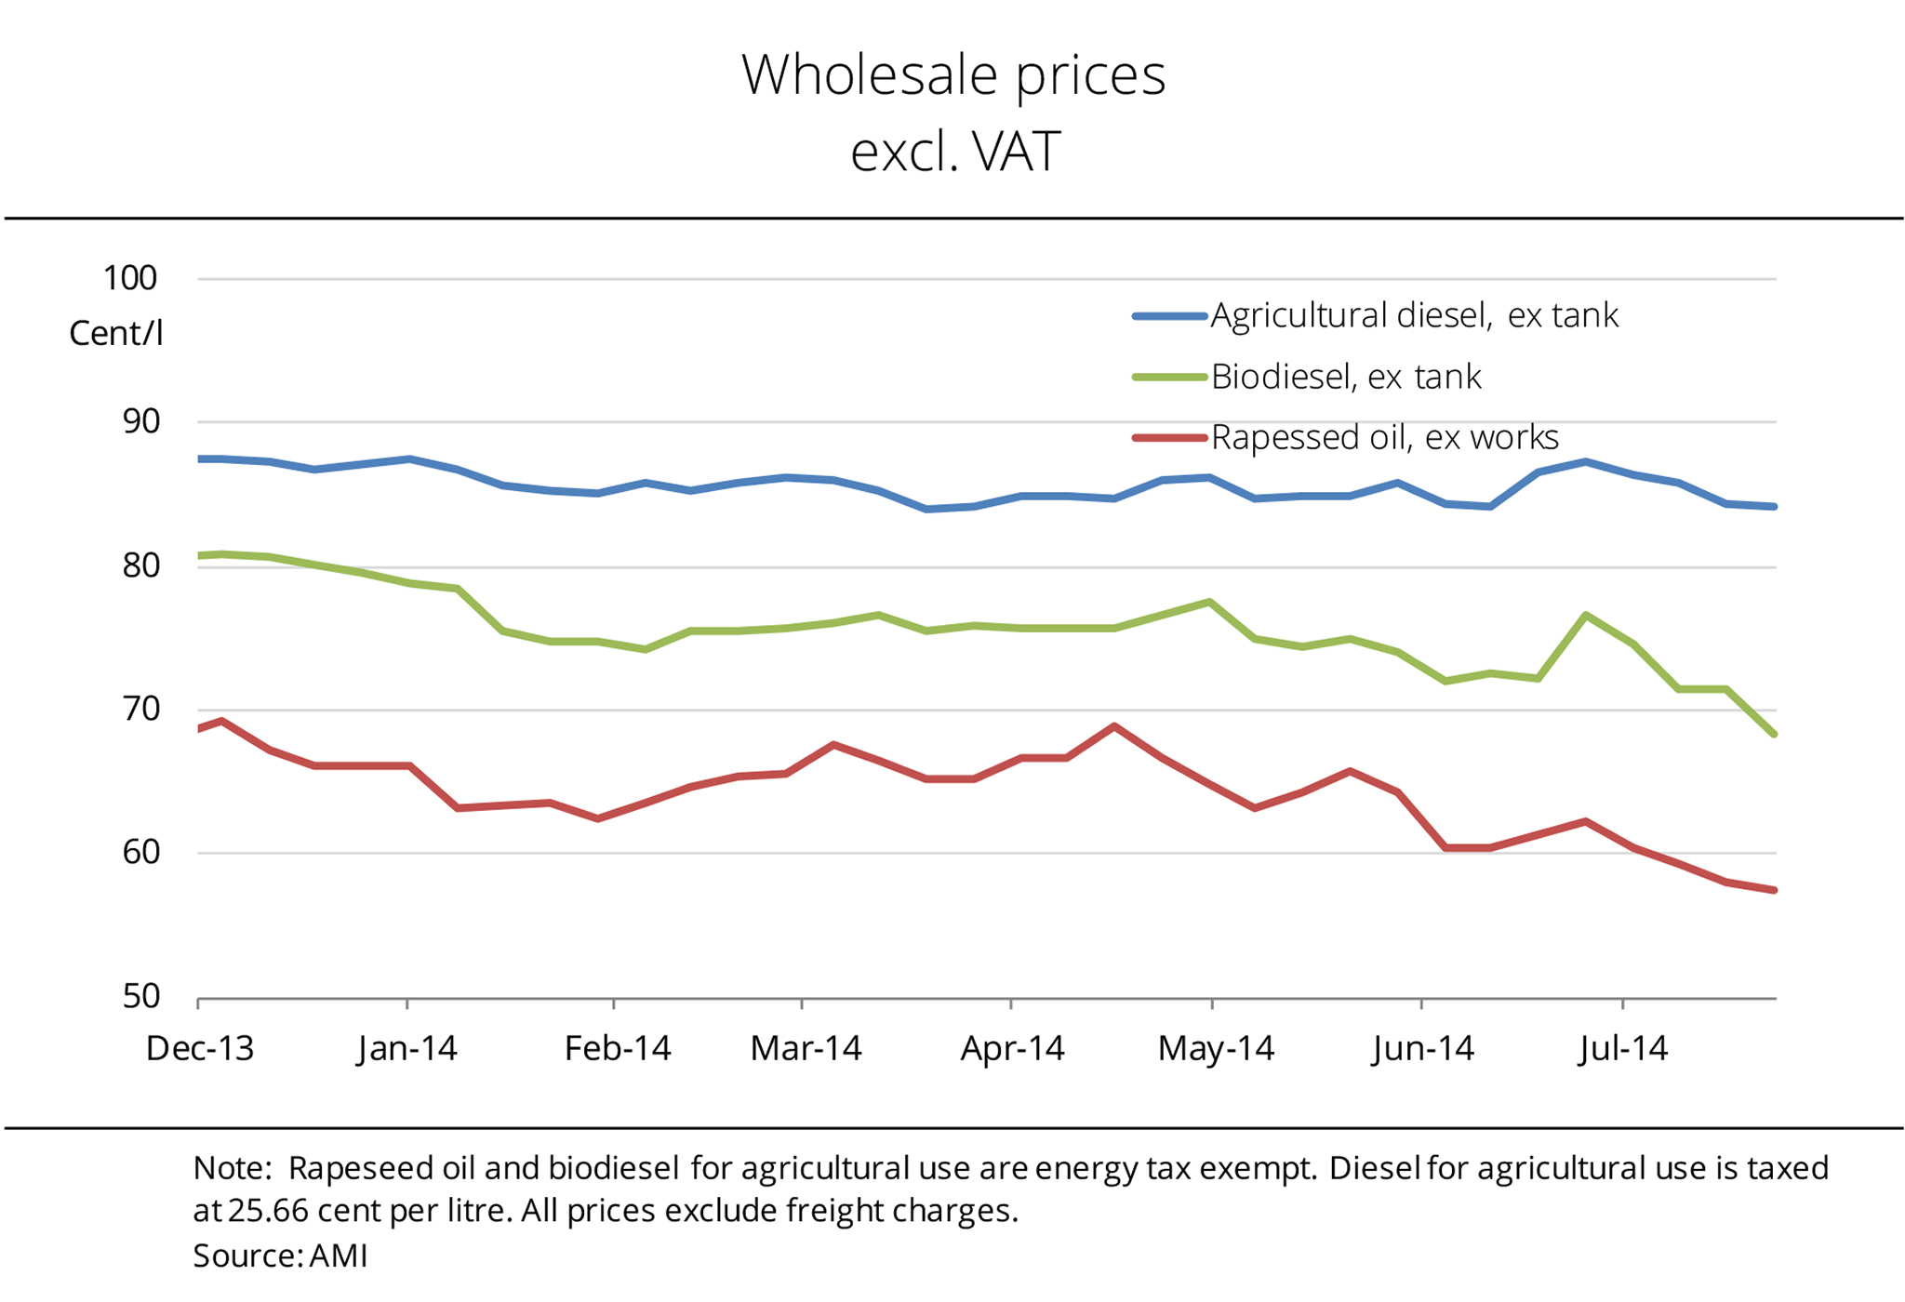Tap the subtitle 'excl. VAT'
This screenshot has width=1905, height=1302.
click(955, 152)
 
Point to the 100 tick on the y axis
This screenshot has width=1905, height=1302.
click(130, 278)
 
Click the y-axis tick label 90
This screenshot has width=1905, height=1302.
click(140, 421)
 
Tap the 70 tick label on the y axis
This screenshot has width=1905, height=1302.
click(140, 709)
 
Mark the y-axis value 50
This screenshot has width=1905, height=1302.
click(140, 997)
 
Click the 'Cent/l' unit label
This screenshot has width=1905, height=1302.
click(116, 333)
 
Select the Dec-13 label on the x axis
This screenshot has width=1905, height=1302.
click(200, 1049)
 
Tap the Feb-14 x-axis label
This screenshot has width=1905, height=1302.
click(618, 1049)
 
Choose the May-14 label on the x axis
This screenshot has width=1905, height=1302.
click(1216, 1049)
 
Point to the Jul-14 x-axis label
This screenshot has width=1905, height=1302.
click(1624, 1049)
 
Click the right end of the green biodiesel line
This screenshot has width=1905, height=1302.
click(1774, 734)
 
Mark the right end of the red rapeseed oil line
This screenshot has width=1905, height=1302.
click(1774, 890)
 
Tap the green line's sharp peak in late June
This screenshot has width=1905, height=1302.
click(1585, 615)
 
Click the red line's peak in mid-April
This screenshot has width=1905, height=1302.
click(1114, 726)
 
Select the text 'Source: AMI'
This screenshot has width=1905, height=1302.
click(280, 1256)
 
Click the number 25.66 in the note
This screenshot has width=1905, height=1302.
click(267, 1211)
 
